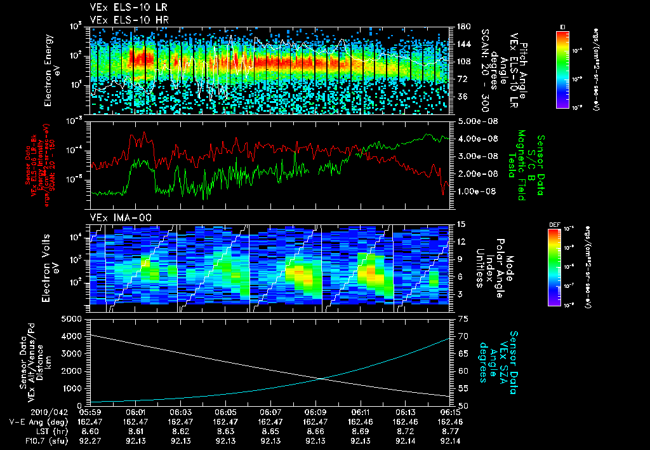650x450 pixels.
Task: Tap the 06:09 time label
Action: [x=315, y=412]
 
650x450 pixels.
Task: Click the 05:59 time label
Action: [x=91, y=412]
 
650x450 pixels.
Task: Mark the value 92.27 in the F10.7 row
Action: [x=91, y=440]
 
